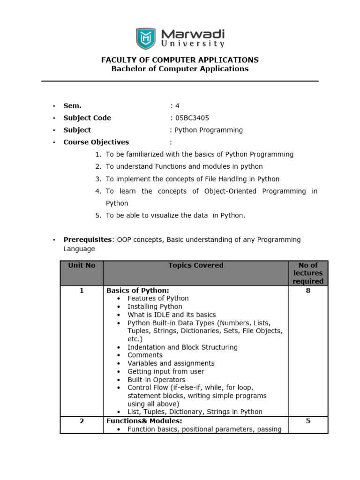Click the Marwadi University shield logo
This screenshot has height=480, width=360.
pos(146,38)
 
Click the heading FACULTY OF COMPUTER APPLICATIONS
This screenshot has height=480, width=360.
pos(180,60)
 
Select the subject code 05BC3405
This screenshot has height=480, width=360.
pos(192,118)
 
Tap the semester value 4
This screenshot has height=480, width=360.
pos(177,106)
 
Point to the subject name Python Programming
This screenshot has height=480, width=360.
pos(208,130)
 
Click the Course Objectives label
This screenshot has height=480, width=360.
pos(96,142)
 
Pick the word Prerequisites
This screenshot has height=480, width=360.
pos(88,240)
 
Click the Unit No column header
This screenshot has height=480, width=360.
pos(82,265)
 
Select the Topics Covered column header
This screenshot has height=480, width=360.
pos(196,265)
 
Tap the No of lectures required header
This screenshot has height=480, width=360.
pos(308,273)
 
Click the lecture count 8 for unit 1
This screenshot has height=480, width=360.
pos(308,291)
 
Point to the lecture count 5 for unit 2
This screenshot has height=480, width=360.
pos(308,421)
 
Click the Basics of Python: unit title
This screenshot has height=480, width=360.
pos(138,291)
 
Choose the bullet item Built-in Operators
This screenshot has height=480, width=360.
pos(157,380)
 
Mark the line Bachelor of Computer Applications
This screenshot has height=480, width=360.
pos(180,69)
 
